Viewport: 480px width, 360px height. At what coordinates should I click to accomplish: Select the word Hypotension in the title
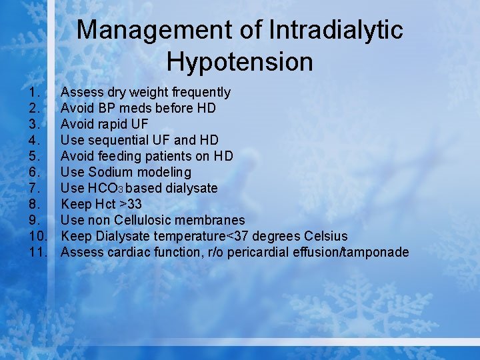pos(239,62)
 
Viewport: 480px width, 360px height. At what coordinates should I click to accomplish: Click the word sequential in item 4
pos(116,140)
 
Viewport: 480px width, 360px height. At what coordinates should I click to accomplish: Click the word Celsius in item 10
pos(325,236)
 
